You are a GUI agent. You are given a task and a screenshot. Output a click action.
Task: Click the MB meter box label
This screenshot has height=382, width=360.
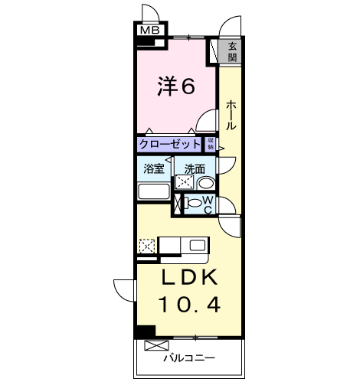point(150,31)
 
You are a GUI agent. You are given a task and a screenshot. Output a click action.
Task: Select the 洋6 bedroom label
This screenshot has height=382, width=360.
point(176,87)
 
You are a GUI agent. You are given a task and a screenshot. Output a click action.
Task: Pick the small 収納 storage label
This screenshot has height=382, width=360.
point(211,143)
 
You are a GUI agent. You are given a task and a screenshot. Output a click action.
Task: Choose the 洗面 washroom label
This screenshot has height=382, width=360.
point(194,168)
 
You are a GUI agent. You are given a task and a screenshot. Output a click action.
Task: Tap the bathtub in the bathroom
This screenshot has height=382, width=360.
point(154,191)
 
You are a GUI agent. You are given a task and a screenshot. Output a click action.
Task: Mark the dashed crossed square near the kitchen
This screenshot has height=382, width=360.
point(146,246)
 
